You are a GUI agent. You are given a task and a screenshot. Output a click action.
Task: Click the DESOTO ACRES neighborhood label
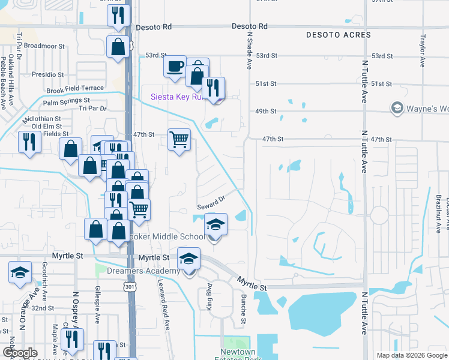point(338,35)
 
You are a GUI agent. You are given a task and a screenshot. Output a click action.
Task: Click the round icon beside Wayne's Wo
point(397,108)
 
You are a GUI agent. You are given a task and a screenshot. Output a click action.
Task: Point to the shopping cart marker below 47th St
point(179,140)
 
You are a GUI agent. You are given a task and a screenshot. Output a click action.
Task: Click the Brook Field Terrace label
point(75,89)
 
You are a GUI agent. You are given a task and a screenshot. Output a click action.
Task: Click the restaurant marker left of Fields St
point(28,142)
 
